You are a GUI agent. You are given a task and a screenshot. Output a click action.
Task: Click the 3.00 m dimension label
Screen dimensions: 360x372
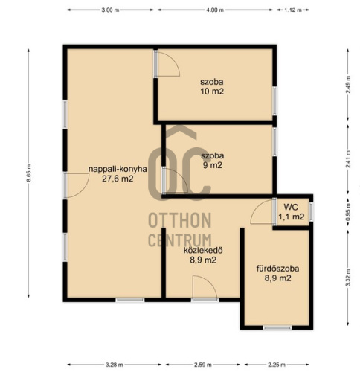tap(110, 10)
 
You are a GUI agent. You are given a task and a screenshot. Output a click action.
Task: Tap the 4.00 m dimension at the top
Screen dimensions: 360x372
tap(215, 10)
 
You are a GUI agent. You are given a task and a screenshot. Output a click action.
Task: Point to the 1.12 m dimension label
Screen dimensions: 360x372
tap(293, 10)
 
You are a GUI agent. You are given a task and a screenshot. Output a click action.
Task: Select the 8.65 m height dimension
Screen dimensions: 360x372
tap(29, 173)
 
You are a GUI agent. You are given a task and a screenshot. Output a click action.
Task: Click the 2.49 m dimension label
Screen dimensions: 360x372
tap(348, 85)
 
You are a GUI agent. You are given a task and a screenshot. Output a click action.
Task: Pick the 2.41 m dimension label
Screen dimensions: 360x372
tap(348, 159)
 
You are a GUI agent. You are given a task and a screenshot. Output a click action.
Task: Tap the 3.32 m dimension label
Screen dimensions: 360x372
tap(348, 278)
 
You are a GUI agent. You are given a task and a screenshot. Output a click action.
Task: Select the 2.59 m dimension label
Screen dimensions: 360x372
tap(203, 365)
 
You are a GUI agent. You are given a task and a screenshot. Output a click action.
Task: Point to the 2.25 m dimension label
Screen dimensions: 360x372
tap(277, 365)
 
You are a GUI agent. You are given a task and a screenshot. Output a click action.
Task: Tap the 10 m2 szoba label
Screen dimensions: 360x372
tap(212, 86)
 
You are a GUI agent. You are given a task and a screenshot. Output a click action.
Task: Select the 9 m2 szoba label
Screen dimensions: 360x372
tap(213, 161)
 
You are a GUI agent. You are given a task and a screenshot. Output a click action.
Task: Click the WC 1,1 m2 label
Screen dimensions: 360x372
tap(292, 212)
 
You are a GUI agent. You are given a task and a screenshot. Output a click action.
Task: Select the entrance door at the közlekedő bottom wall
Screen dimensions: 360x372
tap(205, 288)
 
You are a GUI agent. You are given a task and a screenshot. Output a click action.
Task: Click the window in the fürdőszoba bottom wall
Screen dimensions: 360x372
tap(277, 328)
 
